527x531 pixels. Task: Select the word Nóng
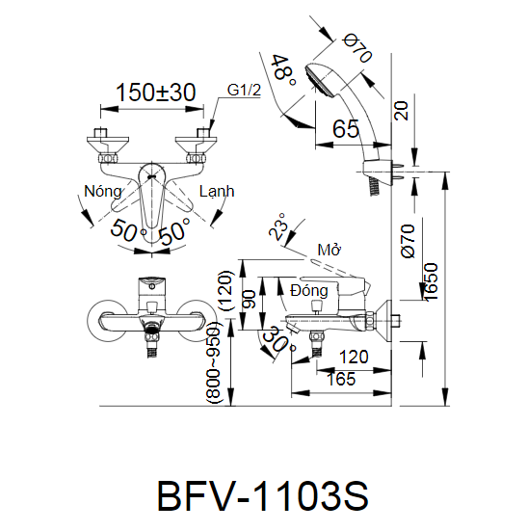pos(102,192)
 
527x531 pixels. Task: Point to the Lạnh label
pos(217,192)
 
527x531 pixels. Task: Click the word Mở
pos(329,251)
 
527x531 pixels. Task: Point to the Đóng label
pos(308,289)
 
